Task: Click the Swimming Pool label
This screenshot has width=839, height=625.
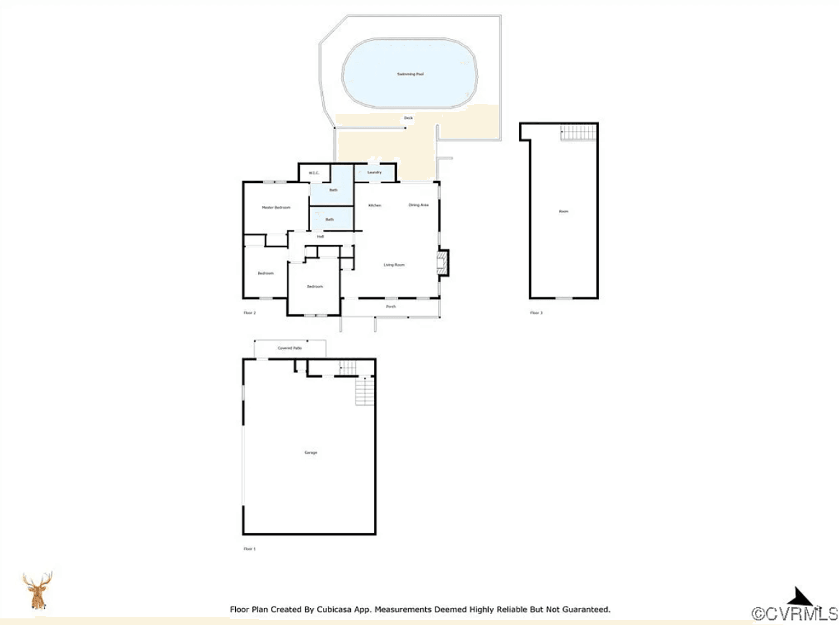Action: point(410,74)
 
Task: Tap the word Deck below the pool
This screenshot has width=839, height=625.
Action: point(408,118)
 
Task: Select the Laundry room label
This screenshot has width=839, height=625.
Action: point(375,172)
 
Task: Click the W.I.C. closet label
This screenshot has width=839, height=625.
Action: point(313,173)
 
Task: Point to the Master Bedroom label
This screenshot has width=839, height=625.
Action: point(276,208)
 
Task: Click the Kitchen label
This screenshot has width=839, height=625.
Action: point(375,205)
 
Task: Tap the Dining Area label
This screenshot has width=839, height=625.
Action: point(418,205)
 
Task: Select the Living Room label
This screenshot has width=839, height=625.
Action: point(394,265)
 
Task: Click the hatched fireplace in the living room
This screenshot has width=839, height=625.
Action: point(442,263)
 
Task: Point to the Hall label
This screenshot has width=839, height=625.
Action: point(320,237)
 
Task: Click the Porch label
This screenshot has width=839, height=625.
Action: point(391,306)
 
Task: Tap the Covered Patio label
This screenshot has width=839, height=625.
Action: point(290,348)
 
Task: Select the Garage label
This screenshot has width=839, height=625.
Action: point(311,453)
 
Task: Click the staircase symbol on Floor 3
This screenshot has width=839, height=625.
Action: point(578,133)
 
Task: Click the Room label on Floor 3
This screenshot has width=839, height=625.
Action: point(564,211)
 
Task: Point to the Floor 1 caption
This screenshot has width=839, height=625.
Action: point(250,549)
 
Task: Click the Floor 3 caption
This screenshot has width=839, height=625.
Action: point(536,313)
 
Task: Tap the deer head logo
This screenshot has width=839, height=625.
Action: point(37,590)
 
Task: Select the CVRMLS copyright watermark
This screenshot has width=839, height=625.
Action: point(794,613)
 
